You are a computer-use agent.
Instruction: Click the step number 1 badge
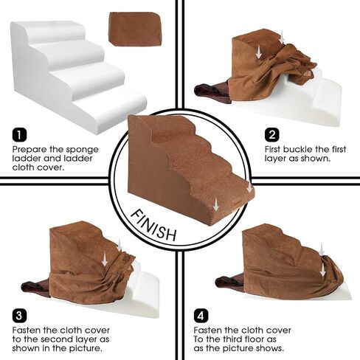click(19, 136)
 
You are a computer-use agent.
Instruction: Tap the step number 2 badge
click(272, 136)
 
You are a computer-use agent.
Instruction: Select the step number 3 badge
click(19, 312)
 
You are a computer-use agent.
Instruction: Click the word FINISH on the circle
click(153, 225)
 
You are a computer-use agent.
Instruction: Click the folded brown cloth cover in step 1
click(128, 28)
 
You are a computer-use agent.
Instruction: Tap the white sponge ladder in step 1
click(74, 74)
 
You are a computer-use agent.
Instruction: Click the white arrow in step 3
click(105, 259)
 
